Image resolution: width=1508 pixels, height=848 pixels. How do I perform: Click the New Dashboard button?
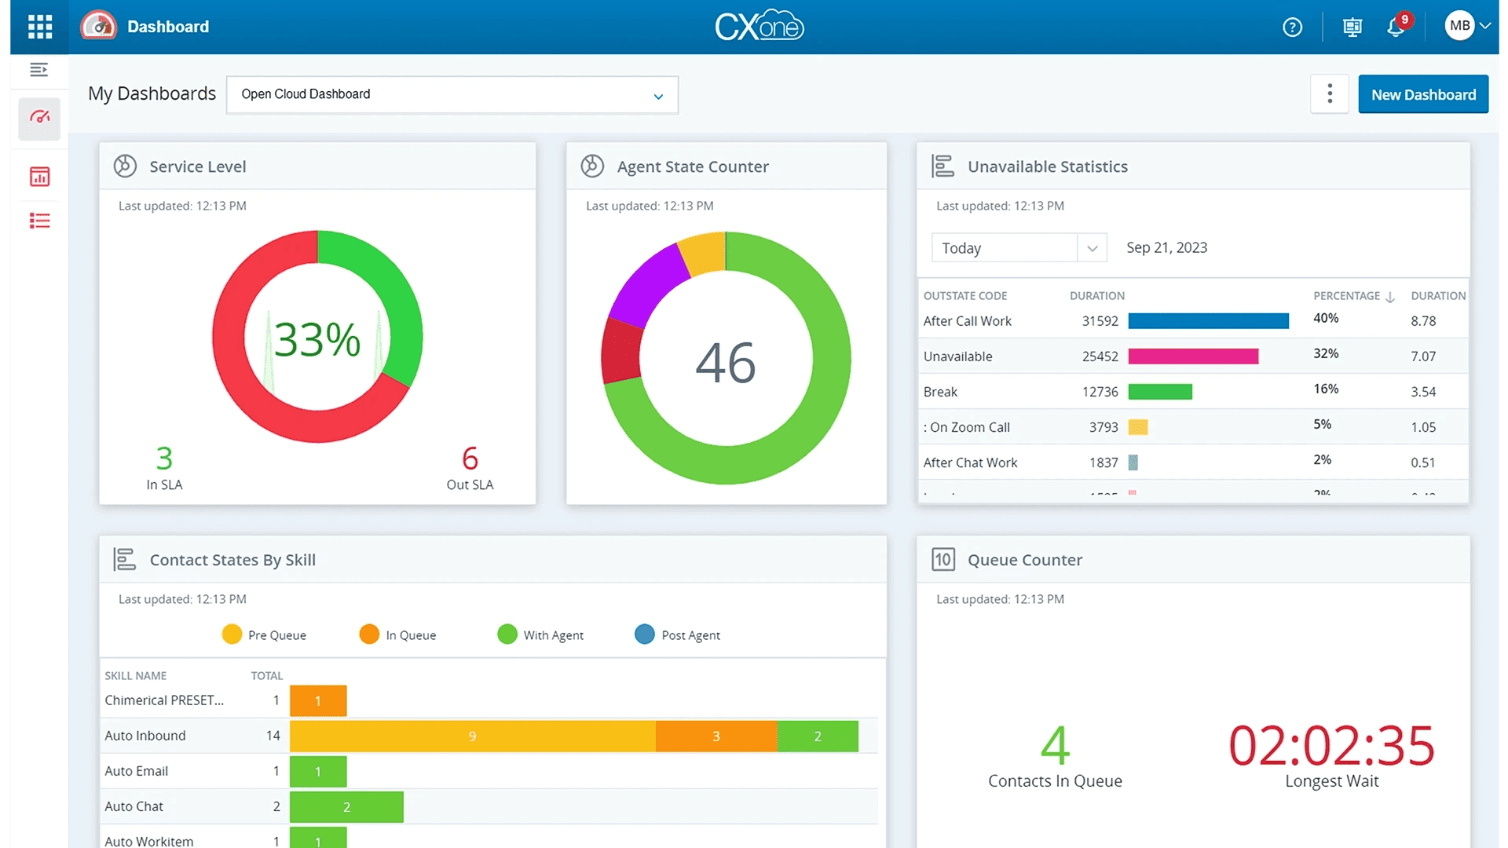pyautogui.click(x=1422, y=95)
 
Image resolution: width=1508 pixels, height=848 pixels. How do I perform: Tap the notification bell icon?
pyautogui.click(x=1395, y=27)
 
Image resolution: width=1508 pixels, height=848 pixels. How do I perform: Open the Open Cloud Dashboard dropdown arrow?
pyautogui.click(x=658, y=96)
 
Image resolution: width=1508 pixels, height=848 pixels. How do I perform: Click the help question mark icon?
pyautogui.click(x=1292, y=27)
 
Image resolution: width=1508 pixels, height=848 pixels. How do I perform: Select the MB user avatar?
pyautogui.click(x=1459, y=26)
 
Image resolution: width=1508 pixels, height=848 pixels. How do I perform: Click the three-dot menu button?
pyautogui.click(x=1329, y=94)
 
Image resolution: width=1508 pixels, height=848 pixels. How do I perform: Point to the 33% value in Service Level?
pyautogui.click(x=317, y=339)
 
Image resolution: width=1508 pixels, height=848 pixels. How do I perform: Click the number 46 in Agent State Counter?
pyautogui.click(x=725, y=363)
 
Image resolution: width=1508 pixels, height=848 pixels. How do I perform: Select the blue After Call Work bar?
pyautogui.click(x=1208, y=320)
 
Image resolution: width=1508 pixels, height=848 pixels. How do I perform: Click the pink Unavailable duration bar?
pyautogui.click(x=1192, y=356)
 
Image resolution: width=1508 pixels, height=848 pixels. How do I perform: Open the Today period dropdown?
pyautogui.click(x=1019, y=248)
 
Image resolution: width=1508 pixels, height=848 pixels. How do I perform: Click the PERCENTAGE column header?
pyautogui.click(x=1346, y=296)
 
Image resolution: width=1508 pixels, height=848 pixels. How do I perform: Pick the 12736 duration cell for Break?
pyautogui.click(x=1100, y=392)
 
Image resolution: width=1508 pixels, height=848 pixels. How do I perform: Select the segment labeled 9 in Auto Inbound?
pyautogui.click(x=472, y=737)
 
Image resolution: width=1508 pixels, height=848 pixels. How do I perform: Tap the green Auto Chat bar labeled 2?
pyautogui.click(x=346, y=807)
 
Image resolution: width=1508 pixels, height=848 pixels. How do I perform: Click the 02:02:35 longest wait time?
pyautogui.click(x=1331, y=746)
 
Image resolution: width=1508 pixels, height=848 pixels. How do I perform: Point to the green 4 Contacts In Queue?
pyautogui.click(x=1055, y=746)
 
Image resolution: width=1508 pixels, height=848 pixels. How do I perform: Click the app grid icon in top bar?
pyautogui.click(x=39, y=27)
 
